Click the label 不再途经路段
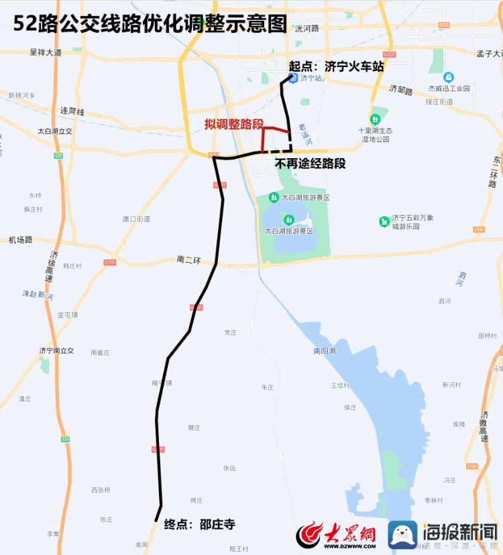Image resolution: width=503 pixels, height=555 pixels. tap(310, 164)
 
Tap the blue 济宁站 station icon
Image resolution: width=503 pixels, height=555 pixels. tap(293, 78)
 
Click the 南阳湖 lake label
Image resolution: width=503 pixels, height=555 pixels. tap(324, 351)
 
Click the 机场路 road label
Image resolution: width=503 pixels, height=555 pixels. tap(20, 239)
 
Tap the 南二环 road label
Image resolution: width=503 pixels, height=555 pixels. tap(188, 259)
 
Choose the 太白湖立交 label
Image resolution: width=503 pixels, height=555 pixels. tap(54, 131)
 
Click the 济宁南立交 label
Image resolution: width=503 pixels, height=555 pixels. tap(56, 351)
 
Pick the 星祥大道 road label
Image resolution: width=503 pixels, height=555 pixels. tap(46, 52)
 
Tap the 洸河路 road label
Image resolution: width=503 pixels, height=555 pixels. tap(306, 28)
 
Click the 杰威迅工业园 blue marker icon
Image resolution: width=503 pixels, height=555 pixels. tap(449, 78)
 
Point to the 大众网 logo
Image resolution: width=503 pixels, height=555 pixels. tap(336, 535)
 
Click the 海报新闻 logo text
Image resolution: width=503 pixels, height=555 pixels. tap(459, 534)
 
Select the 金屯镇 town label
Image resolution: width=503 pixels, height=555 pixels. tap(68, 314)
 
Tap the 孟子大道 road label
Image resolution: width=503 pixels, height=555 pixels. tap(489, 54)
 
